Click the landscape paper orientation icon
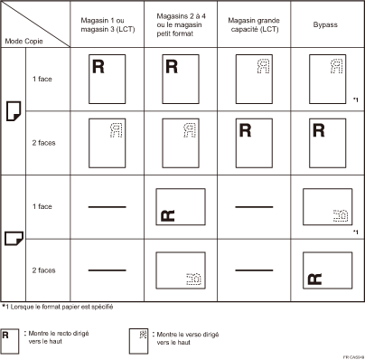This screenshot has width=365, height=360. coord(14,238)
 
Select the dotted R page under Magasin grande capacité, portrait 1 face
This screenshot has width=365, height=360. coord(256,80)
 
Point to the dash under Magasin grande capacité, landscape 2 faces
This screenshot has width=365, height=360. coord(256,270)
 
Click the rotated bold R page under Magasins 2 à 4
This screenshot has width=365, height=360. coord(181,207)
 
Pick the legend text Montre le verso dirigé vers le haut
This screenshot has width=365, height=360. coord(178,337)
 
